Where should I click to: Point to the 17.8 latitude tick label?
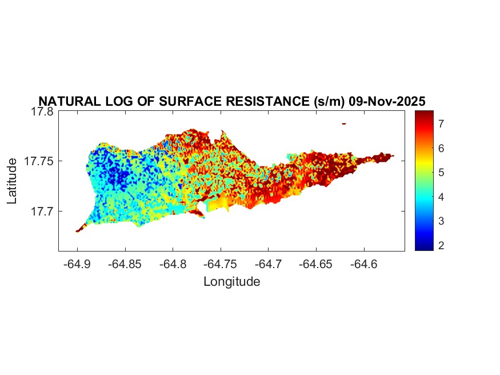pyautogui.click(x=42, y=111)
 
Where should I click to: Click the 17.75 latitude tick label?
pyautogui.click(x=39, y=161)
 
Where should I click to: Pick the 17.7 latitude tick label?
pyautogui.click(x=42, y=211)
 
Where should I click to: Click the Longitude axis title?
pyautogui.click(x=231, y=281)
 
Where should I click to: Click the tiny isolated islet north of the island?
pyautogui.click(x=344, y=123)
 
